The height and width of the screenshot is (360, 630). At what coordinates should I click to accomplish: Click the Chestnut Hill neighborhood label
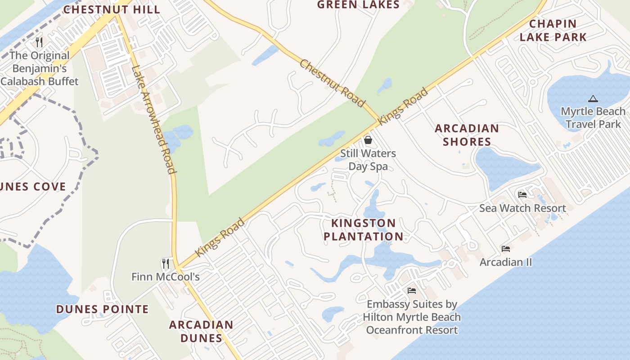pyautogui.click(x=112, y=9)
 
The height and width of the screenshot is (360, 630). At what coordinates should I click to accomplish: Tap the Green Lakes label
pyautogui.click(x=358, y=5)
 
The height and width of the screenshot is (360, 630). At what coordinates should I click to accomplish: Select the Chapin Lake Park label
pyautogui.click(x=553, y=30)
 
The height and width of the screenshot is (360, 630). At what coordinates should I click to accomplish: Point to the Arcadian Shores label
pyautogui.click(x=467, y=135)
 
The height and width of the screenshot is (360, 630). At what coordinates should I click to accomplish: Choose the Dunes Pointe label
pyautogui.click(x=102, y=309)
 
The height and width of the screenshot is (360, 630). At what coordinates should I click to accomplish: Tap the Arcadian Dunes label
pyautogui.click(x=201, y=331)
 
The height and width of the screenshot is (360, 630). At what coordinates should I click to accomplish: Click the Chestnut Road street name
pyautogui.click(x=332, y=84)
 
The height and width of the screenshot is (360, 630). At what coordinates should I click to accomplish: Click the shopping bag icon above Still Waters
pyautogui.click(x=368, y=140)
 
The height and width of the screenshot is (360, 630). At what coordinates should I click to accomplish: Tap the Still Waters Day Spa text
pyautogui.click(x=368, y=160)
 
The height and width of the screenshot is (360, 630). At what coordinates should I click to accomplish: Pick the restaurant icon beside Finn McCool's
pyautogui.click(x=166, y=263)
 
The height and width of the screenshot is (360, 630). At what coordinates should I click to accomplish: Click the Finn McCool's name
pyautogui.click(x=166, y=276)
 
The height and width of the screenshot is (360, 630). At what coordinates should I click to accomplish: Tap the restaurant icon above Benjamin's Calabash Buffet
pyautogui.click(x=40, y=42)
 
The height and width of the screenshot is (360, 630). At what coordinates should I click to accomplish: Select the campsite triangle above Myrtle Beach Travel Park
pyautogui.click(x=593, y=99)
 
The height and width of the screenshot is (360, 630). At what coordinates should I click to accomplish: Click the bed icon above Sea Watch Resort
pyautogui.click(x=522, y=195)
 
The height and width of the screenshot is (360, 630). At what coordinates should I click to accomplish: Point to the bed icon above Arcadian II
pyautogui.click(x=506, y=249)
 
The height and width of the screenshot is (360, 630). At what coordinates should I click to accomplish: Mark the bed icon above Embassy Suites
pyautogui.click(x=412, y=291)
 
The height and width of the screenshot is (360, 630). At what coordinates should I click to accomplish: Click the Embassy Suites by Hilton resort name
pyautogui.click(x=412, y=317)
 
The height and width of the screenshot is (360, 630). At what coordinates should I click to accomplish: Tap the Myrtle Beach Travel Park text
pyautogui.click(x=593, y=117)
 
